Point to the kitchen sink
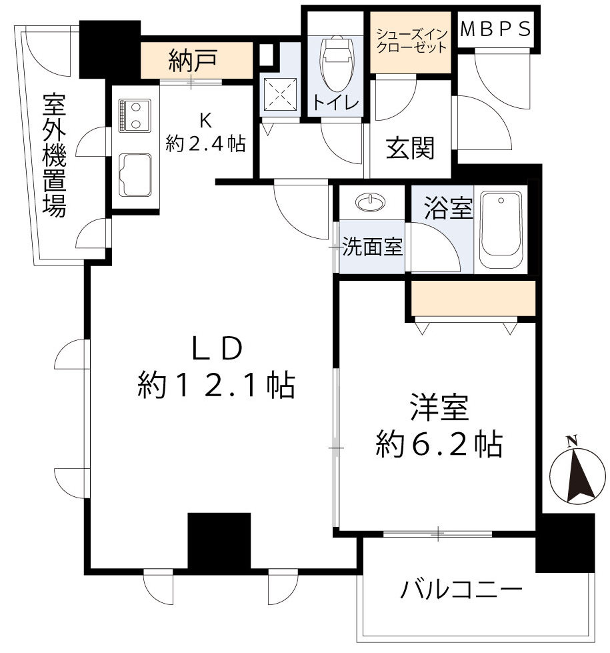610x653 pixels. click(x=135, y=175)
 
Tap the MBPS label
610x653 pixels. click(x=497, y=29)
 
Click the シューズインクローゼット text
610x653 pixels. click(x=411, y=41)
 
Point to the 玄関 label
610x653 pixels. click(x=409, y=147)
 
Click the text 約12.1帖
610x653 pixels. click(x=216, y=385)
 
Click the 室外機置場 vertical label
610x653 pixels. click(x=55, y=155)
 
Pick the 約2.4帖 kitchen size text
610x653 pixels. click(x=205, y=143)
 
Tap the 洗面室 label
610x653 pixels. click(x=372, y=247)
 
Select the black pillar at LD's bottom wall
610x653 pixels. click(x=219, y=540)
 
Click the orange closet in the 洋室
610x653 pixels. click(x=473, y=298)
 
